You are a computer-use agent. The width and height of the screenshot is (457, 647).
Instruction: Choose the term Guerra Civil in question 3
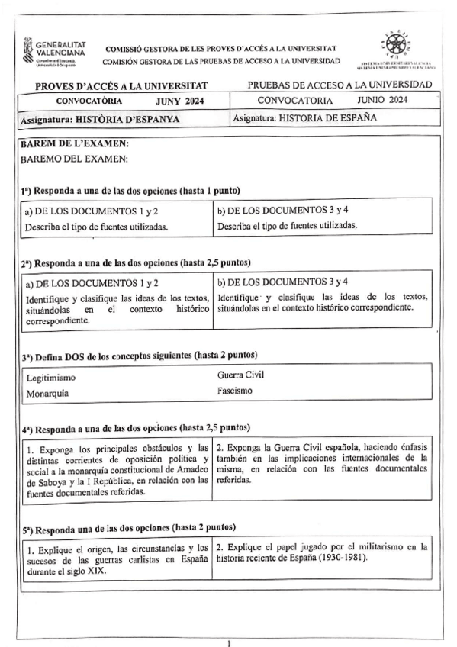click(x=240, y=375)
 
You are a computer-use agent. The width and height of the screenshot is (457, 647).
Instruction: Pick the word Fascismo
click(x=234, y=391)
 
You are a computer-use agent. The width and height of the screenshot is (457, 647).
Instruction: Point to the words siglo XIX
click(x=90, y=570)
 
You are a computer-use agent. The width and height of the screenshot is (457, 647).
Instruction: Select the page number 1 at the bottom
click(x=229, y=642)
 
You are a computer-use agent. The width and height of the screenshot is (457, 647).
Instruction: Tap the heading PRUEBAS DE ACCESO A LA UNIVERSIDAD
click(x=340, y=84)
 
